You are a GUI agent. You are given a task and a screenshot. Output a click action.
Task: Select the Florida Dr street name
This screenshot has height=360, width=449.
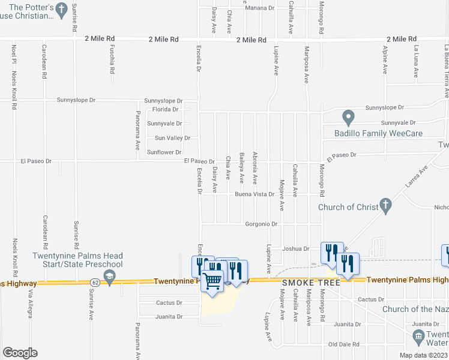(x=166, y=110)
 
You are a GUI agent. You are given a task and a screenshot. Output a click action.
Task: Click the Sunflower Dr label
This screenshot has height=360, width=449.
(x=164, y=152)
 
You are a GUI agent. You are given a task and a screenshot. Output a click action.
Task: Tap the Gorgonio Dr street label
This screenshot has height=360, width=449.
(x=262, y=224)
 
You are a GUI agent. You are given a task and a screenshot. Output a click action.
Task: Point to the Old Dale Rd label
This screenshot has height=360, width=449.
(x=344, y=344)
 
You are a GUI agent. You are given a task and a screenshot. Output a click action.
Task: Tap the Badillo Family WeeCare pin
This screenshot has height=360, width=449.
(x=348, y=116)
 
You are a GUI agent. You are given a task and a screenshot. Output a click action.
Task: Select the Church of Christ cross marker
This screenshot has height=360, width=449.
(x=387, y=208)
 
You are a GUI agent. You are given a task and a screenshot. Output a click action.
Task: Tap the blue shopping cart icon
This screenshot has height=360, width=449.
(x=212, y=280)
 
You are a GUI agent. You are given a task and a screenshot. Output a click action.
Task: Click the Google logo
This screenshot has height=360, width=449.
(x=20, y=353)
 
